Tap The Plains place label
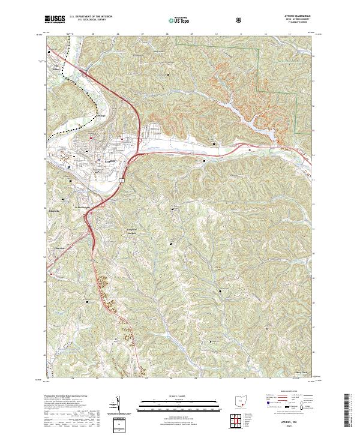(58, 65)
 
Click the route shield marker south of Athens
(121, 179)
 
